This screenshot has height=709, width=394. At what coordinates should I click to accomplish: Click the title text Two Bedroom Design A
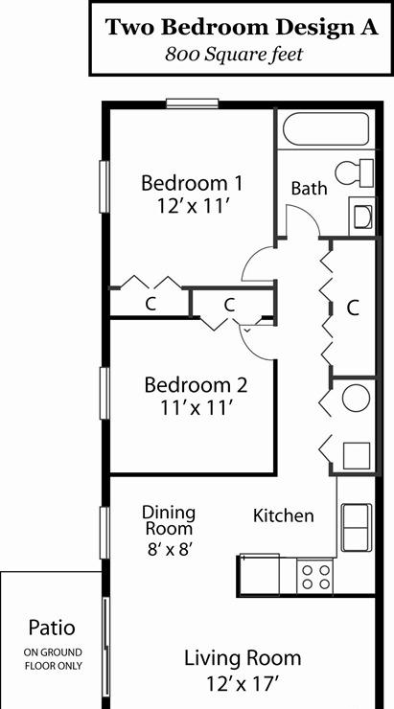coord(242,28)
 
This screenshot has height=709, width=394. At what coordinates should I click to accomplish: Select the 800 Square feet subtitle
coord(234,55)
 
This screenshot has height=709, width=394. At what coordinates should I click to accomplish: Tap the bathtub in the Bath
coord(326,129)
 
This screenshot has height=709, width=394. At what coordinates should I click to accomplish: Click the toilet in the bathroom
coord(355,172)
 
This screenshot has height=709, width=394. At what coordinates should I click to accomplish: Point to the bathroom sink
coord(362,217)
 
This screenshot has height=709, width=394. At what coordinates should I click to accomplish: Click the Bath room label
coord(309,188)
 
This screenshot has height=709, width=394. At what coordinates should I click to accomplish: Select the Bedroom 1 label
coord(192,184)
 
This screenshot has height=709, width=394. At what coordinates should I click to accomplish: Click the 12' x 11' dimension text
coord(192,207)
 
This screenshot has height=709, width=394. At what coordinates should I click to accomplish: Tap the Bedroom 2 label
coord(196,385)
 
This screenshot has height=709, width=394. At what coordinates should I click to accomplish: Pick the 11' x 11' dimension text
coord(196,409)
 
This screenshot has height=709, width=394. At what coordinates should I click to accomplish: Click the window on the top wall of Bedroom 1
coord(193,103)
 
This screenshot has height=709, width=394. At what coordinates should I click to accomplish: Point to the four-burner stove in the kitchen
coord(315,576)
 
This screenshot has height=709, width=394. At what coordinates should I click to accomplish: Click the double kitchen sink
coord(357,528)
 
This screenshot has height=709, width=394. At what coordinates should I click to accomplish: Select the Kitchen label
coord(283,515)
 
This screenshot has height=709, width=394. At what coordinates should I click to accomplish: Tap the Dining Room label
coord(169,520)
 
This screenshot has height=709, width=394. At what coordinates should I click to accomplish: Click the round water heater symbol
coord(356,399)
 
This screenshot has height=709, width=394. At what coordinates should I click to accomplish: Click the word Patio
coord(52,628)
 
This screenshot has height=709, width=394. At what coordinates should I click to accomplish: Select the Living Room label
coord(242,658)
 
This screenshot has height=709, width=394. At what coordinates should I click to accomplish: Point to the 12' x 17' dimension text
coord(242,683)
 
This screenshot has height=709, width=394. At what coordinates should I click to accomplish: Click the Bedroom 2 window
coord(104,393)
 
